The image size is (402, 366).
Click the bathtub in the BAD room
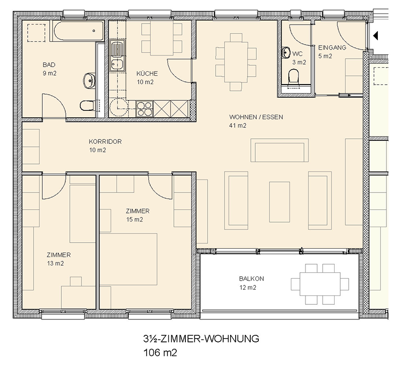[79, 31]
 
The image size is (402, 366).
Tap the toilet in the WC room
[294, 77]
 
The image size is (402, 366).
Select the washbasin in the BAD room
[89, 81]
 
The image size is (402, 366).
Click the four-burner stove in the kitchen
[144, 109]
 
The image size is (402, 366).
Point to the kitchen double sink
[118, 56]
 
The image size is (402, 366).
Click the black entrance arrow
[375, 36]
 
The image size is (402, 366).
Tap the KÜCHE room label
[147, 74]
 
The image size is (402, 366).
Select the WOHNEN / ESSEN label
[256, 117]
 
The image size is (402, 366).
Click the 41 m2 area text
[238, 125]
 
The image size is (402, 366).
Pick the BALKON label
[251, 279]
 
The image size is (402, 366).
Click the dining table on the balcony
[320, 284]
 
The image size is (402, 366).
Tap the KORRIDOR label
[105, 141]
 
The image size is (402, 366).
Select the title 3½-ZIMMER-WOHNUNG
[201, 338]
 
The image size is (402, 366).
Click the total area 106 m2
[160, 352]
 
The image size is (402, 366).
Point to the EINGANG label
[332, 48]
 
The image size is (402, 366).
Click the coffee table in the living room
[279, 202]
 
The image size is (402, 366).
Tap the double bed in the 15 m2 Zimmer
[128, 259]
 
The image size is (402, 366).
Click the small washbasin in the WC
[285, 53]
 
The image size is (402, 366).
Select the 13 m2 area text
[55, 263]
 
